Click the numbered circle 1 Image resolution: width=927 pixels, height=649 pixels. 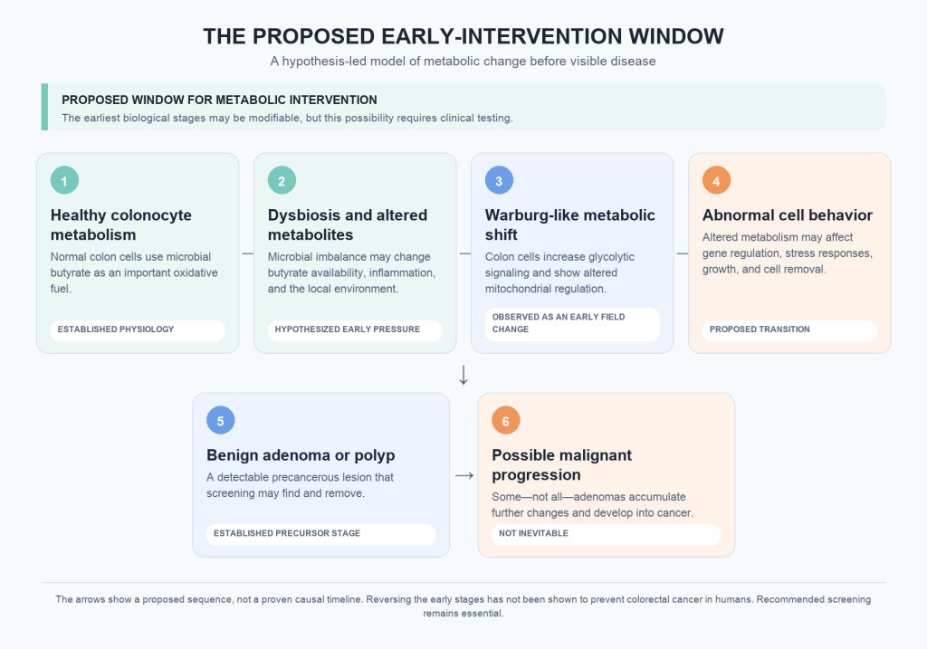pos(64,180)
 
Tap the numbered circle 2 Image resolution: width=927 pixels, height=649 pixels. pos(282,180)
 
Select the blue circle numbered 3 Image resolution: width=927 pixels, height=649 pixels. pos(499,180)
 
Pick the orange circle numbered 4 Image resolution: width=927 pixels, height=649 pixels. pos(717,180)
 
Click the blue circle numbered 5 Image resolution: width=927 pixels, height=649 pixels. pos(221,420)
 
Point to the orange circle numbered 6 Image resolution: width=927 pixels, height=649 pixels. pos(506,420)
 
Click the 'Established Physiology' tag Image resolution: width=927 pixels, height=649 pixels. pos(138,330)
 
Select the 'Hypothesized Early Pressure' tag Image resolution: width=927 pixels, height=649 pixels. pos(355,330)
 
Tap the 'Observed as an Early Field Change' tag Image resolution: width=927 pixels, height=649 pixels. pos(572,324)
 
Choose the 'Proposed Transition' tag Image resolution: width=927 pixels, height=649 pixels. pos(789,330)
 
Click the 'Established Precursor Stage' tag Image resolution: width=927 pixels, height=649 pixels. pos(321,534)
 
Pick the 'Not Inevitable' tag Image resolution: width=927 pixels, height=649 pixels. pos(607,534)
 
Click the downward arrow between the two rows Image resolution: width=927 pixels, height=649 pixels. pos(463,375)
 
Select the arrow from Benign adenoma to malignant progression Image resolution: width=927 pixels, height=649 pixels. pos(464,475)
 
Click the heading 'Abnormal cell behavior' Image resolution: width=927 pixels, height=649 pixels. pos(788,215)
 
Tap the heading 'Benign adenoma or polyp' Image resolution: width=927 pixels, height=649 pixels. pos(301,455)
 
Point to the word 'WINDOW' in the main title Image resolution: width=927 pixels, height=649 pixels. pos(675,36)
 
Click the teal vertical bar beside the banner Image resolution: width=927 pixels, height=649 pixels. pos(44,107)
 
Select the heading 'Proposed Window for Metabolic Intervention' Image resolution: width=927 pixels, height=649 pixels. pos(219,100)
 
